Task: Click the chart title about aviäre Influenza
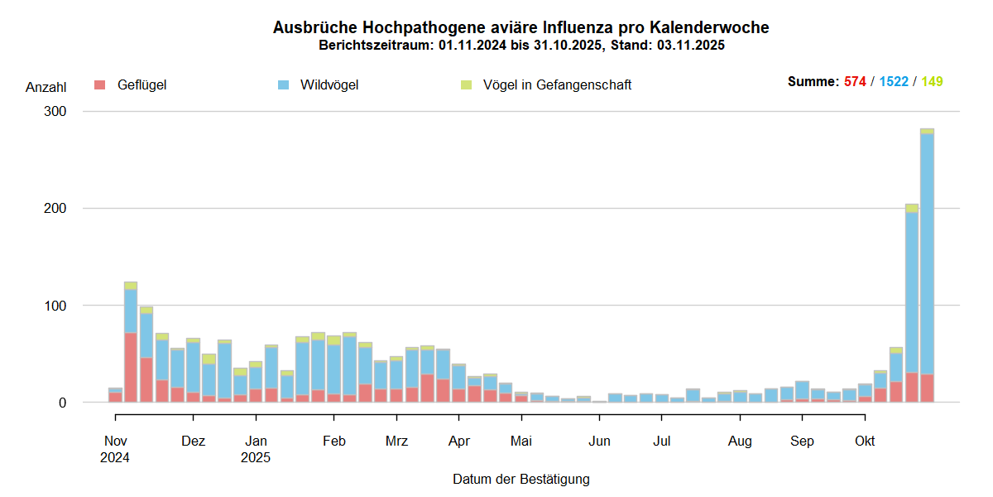(x=520, y=28)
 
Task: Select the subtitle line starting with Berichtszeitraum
(x=521, y=46)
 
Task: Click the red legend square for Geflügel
(x=100, y=84)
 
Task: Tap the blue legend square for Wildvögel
(x=284, y=84)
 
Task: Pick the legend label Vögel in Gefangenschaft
(x=557, y=84)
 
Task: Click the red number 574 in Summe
(x=855, y=82)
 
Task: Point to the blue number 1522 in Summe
(x=894, y=82)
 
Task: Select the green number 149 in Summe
(x=932, y=82)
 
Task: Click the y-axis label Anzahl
(x=46, y=87)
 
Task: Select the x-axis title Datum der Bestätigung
(x=520, y=479)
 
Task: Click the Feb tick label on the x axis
(x=333, y=441)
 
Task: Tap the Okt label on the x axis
(x=865, y=441)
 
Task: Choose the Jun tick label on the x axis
(x=599, y=441)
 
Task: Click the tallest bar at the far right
(x=927, y=265)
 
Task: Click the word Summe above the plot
(x=813, y=82)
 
